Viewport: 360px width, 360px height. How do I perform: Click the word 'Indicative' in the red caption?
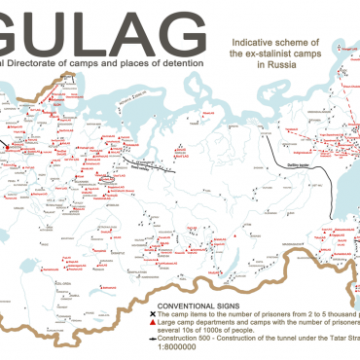(247, 44)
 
